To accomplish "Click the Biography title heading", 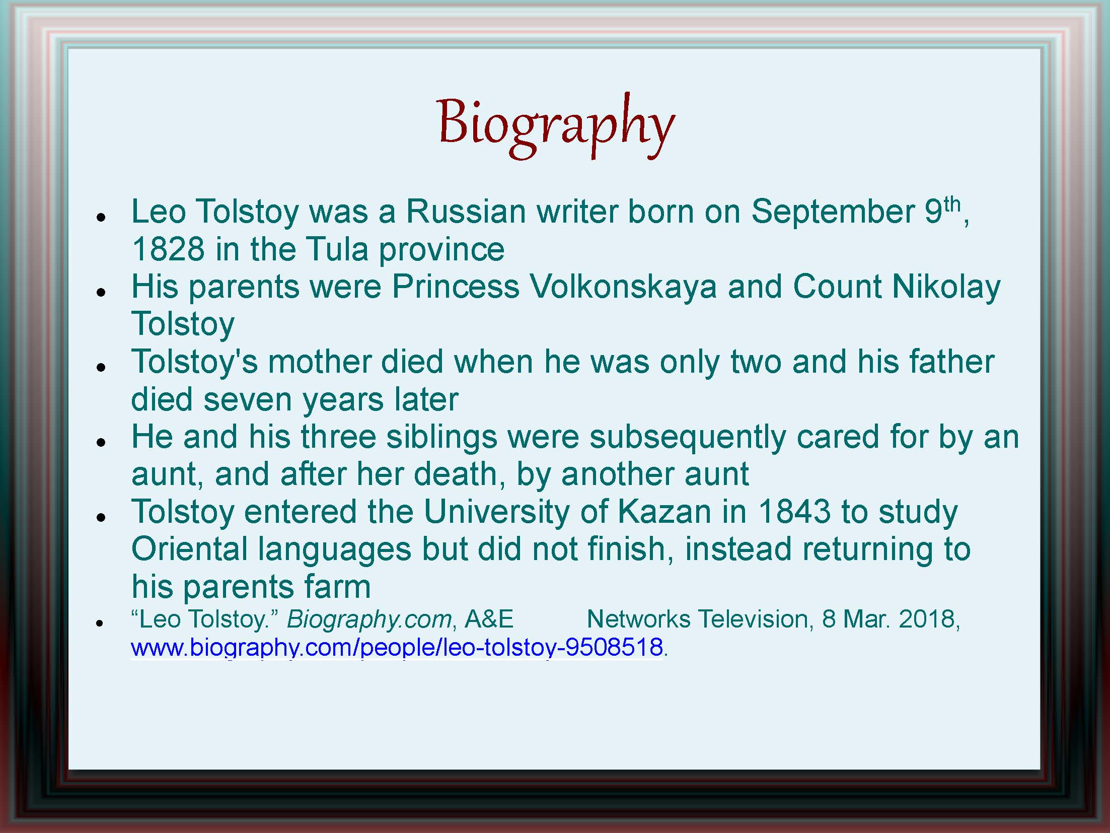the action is pos(556,126).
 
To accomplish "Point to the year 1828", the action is pos(168,249).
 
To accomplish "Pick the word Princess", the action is pos(456,287).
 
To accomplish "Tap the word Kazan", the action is pos(664,512).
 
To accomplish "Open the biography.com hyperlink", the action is pos(397,647).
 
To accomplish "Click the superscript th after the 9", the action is pos(952,205).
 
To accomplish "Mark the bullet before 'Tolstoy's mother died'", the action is pos(101,368).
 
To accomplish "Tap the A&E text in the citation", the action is pos(489,619).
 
